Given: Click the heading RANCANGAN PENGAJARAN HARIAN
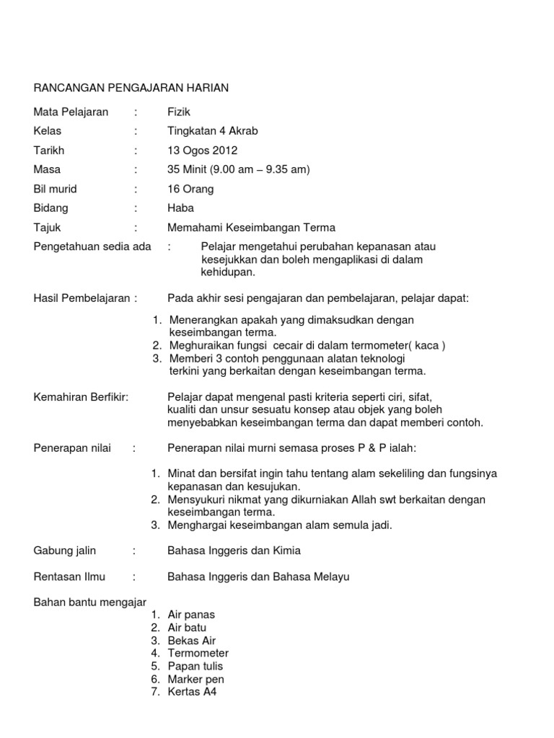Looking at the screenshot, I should point(131,88).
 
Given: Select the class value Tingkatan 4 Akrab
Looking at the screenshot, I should point(212,131).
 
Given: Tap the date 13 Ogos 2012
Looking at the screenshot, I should point(202,151).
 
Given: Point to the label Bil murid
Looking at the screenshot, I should point(56,190).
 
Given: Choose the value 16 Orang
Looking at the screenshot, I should point(190,190).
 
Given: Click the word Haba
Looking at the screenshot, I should point(180,208).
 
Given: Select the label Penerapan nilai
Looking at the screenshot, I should point(73,448).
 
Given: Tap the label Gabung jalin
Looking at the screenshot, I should point(65,551).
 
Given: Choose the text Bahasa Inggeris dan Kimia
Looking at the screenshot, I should point(234,551).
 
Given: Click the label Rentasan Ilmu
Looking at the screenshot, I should point(69,577).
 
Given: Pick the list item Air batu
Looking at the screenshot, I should point(187,628).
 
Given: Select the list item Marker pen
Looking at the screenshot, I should point(195,679).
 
